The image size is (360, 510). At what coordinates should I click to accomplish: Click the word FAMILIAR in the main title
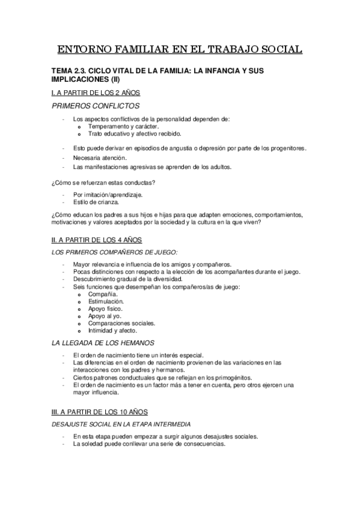point(142,49)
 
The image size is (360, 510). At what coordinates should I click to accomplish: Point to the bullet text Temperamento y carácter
point(123,127)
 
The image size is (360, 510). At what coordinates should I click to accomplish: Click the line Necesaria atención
point(100,158)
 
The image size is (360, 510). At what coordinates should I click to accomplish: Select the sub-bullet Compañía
point(103,295)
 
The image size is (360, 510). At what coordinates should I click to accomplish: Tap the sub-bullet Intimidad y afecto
point(113,331)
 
